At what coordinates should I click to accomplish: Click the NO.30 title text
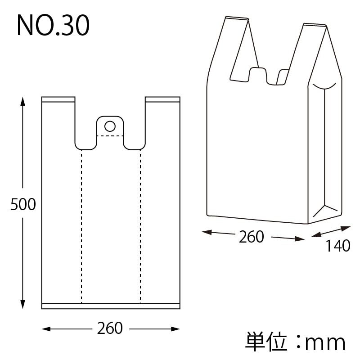point(53,26)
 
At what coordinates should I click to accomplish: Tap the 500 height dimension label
point(23,205)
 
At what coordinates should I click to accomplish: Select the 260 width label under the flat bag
point(110,328)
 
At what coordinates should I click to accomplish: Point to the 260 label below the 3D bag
point(251,237)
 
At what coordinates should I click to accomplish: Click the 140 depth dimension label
point(337,246)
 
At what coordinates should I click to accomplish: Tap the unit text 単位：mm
point(295,342)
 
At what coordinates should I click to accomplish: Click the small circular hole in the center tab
point(110,125)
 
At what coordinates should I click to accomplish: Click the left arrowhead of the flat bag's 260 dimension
point(45,329)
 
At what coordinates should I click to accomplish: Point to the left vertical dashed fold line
point(81,225)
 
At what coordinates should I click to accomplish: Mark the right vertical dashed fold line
point(140,225)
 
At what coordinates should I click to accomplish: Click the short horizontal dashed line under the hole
point(110,135)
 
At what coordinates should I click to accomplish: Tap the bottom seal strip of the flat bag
point(111,306)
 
